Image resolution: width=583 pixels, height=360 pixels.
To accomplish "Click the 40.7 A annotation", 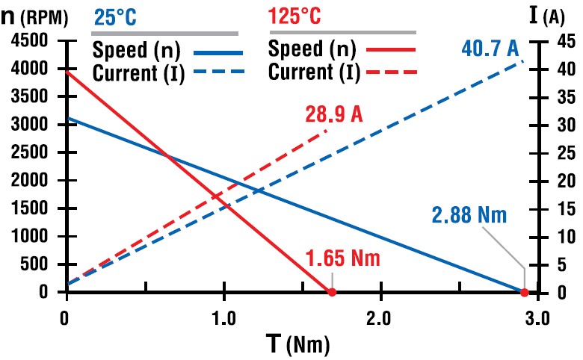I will (490, 51).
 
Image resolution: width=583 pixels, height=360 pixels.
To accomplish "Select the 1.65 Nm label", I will (343, 259).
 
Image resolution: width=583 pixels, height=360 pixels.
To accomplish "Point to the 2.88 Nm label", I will (469, 216).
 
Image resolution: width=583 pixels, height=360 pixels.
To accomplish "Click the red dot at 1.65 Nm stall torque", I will (332, 292).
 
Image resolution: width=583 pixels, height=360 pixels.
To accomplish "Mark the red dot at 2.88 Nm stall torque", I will (525, 292).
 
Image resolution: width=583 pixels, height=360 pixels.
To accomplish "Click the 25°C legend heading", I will (114, 16).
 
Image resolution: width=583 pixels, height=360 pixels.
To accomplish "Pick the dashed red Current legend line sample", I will (390, 73).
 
